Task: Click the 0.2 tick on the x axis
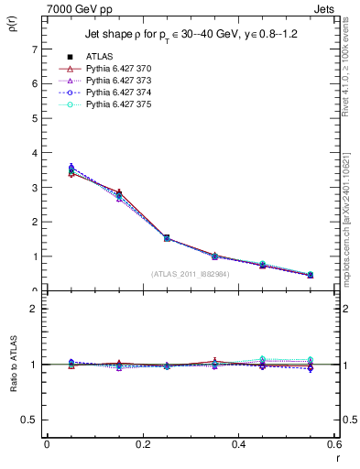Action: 142,444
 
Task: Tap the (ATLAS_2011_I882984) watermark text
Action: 189,274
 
